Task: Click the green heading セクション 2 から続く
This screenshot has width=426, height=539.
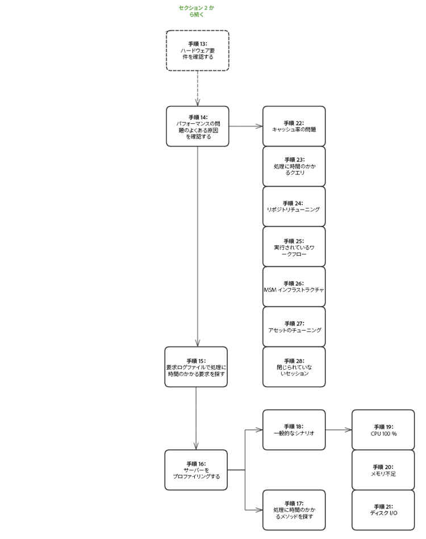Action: pos(197,11)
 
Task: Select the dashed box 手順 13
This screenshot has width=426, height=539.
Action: pos(197,51)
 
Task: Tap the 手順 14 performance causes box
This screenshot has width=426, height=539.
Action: pos(197,126)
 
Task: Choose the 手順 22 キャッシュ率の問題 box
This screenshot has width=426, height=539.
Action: pos(294,126)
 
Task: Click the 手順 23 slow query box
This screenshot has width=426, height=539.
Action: pos(294,166)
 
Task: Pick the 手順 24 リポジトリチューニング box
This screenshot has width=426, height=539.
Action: pos(294,206)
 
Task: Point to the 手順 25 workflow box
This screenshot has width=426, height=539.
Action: pos(294,246)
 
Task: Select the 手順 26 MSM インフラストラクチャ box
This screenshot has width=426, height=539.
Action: pos(294,286)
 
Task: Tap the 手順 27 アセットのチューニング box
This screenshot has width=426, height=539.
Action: pos(294,327)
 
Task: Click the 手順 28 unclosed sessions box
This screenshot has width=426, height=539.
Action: pos(294,367)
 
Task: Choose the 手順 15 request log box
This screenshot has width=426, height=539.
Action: pos(196,367)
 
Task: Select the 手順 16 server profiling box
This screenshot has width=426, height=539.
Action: pos(196,470)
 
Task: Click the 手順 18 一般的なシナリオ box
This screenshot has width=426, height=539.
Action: pos(294,429)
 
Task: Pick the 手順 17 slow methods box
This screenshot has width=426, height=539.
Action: pos(294,509)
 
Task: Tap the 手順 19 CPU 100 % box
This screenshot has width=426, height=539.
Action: pos(383,429)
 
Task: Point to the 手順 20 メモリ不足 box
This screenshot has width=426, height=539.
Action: pos(383,470)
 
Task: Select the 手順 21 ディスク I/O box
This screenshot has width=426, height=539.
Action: pos(383,509)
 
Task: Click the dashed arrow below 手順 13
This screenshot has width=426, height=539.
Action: pos(197,88)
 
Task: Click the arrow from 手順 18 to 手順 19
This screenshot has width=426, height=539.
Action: pos(339,429)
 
